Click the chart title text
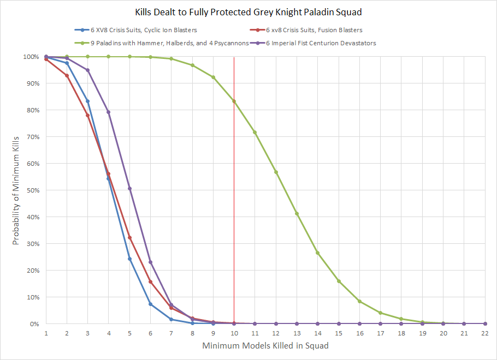[x=248, y=11]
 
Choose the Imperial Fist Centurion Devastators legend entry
[x=323, y=43]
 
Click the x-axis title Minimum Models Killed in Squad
[x=265, y=345]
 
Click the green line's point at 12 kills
[x=276, y=172]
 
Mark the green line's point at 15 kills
[x=339, y=281]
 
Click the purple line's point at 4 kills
[x=109, y=112]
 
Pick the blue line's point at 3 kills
[x=87, y=101]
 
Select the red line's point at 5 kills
[x=129, y=237]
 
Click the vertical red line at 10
[x=234, y=218]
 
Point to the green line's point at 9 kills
[x=213, y=77]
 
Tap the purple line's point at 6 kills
[x=150, y=262]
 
